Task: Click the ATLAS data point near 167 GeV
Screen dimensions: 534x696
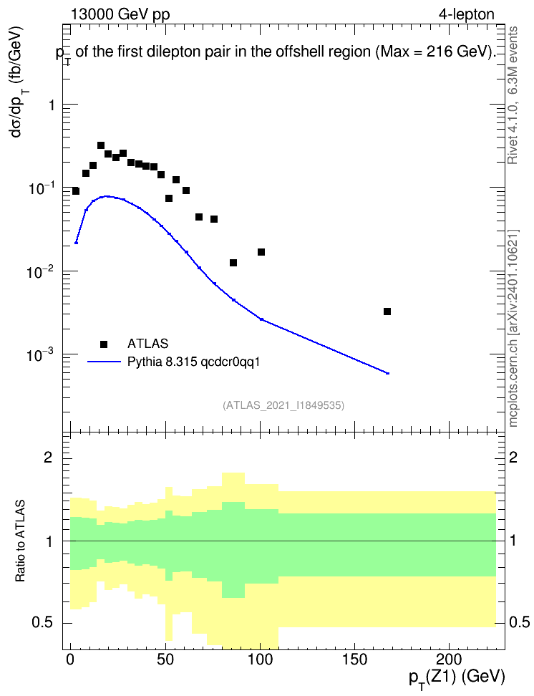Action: coord(387,311)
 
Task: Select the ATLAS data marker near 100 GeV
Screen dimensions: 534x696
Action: coord(261,252)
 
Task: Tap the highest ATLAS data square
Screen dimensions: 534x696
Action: coord(101,145)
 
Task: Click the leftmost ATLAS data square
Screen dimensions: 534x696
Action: coord(76,191)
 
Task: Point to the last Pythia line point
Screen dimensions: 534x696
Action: coord(387,373)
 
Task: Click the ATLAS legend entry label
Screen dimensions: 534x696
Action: coord(147,344)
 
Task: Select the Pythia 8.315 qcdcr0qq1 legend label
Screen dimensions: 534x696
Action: coord(193,362)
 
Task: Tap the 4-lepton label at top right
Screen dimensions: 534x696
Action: coord(467,14)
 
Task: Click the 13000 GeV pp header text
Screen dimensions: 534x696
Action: coord(120,14)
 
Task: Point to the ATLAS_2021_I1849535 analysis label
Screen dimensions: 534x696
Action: coord(283,405)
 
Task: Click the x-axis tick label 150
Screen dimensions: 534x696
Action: coord(354,659)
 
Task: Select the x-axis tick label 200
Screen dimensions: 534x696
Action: coord(450,659)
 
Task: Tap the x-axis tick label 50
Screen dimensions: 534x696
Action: coord(165,659)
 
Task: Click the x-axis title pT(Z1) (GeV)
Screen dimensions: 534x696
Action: coord(457,678)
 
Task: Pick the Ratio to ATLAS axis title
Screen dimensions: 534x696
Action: coord(20,541)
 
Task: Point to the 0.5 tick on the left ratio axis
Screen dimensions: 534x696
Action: coord(42,622)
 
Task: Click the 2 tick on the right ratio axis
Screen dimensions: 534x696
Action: coord(513,457)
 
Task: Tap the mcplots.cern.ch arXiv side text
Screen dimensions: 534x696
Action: coord(513,328)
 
